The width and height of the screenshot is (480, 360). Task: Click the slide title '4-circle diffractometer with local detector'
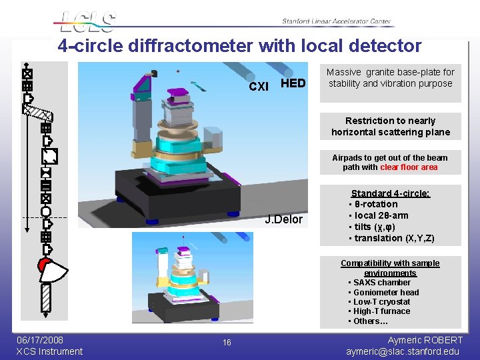[x=239, y=46]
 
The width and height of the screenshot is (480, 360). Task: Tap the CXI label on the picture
[x=259, y=87]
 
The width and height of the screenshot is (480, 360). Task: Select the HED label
[x=293, y=83]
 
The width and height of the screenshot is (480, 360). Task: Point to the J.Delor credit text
[x=283, y=219]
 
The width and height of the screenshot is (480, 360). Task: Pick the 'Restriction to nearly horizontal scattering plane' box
[x=390, y=126]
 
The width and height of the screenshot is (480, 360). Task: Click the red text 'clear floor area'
[x=409, y=167]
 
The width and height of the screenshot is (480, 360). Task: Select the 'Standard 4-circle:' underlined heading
[x=391, y=193]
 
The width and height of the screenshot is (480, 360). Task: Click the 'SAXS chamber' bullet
[x=382, y=283]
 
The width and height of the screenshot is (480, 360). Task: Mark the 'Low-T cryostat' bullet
[x=382, y=301]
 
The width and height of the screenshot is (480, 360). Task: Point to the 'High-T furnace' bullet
[x=382, y=311]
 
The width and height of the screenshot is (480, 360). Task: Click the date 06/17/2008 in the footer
[x=40, y=340]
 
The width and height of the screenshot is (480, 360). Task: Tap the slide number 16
[x=227, y=342]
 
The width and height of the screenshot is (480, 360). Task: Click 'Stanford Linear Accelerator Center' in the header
[x=336, y=21]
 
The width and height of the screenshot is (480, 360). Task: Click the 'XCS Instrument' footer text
[x=49, y=351]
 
